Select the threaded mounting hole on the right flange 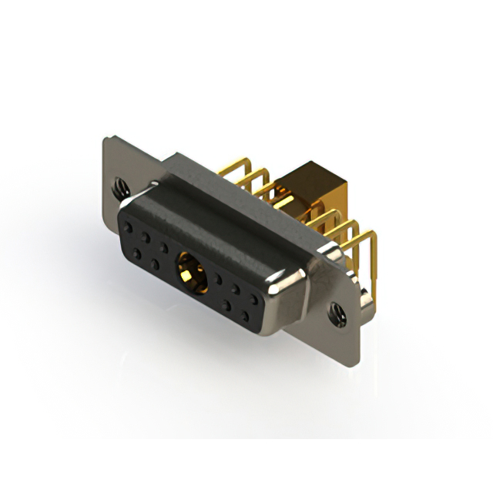pos(337,312)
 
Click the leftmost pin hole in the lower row pos(136,251)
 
